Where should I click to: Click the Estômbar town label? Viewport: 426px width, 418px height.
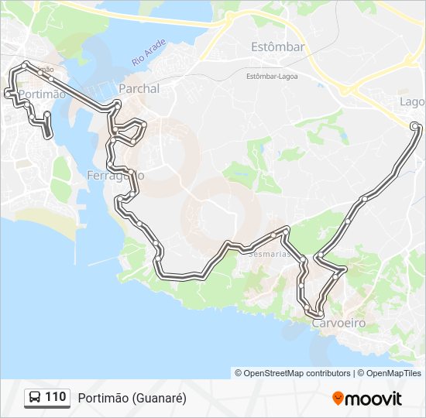coord(277,47)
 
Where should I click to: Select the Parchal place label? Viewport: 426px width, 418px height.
coord(139,89)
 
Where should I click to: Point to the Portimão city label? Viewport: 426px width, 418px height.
coord(40,94)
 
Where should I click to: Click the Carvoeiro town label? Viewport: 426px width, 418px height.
coord(338,323)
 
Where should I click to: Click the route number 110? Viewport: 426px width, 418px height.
coord(55,397)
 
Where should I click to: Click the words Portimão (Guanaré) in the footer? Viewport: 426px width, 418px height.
coord(132,398)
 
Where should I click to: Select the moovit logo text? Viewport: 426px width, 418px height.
coord(373,399)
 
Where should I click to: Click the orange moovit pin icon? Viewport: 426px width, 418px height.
coord(338,398)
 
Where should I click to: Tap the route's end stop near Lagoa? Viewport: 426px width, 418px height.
coord(415,125)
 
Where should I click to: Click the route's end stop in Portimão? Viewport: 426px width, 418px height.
coord(48,135)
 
